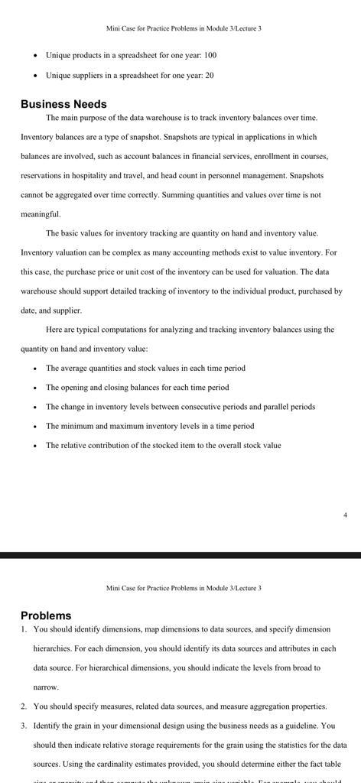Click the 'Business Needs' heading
pos(63,104)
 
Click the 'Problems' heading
pos(46,616)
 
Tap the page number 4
pos(345,515)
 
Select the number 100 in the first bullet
pos(210,55)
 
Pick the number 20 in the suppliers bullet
pos(209,76)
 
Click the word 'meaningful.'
pos(41,214)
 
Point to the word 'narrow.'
pos(46,687)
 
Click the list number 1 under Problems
pos(24,629)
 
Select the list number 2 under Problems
pos(24,707)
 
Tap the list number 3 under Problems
pos(24,726)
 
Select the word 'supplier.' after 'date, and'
pos(67,310)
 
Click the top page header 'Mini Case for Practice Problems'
pos(184,28)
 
